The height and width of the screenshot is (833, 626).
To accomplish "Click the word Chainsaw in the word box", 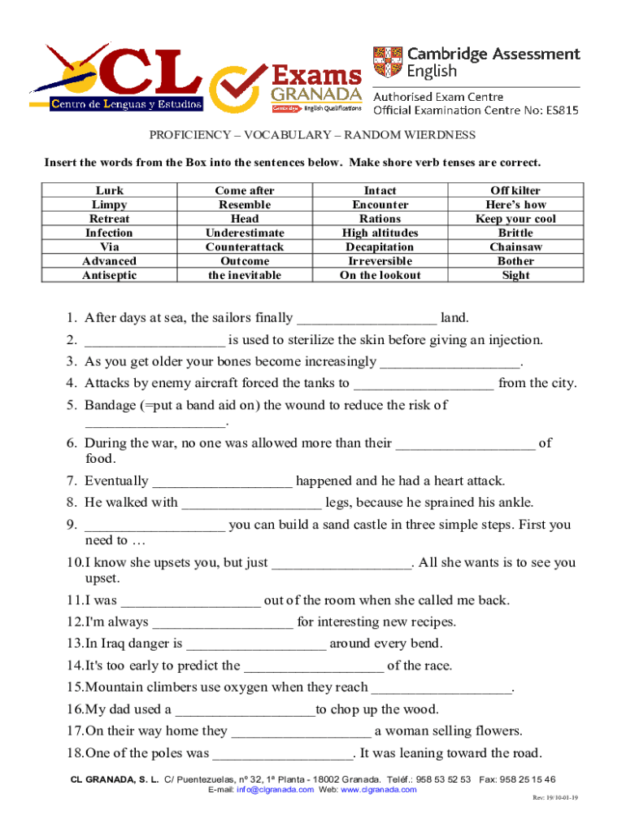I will (515, 246).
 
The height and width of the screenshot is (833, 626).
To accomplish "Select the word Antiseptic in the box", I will (110, 275).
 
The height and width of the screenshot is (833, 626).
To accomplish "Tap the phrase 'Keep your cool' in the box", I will (515, 219).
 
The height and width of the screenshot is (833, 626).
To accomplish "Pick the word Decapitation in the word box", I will (380, 246).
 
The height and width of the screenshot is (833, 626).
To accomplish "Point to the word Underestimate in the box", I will (245, 233).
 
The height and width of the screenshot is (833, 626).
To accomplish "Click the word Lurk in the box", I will (110, 190).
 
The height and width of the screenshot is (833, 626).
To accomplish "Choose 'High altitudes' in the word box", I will (380, 233).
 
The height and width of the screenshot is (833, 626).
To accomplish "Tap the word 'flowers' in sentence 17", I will (495, 731).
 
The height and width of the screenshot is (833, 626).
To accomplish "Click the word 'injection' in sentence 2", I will (514, 340).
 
